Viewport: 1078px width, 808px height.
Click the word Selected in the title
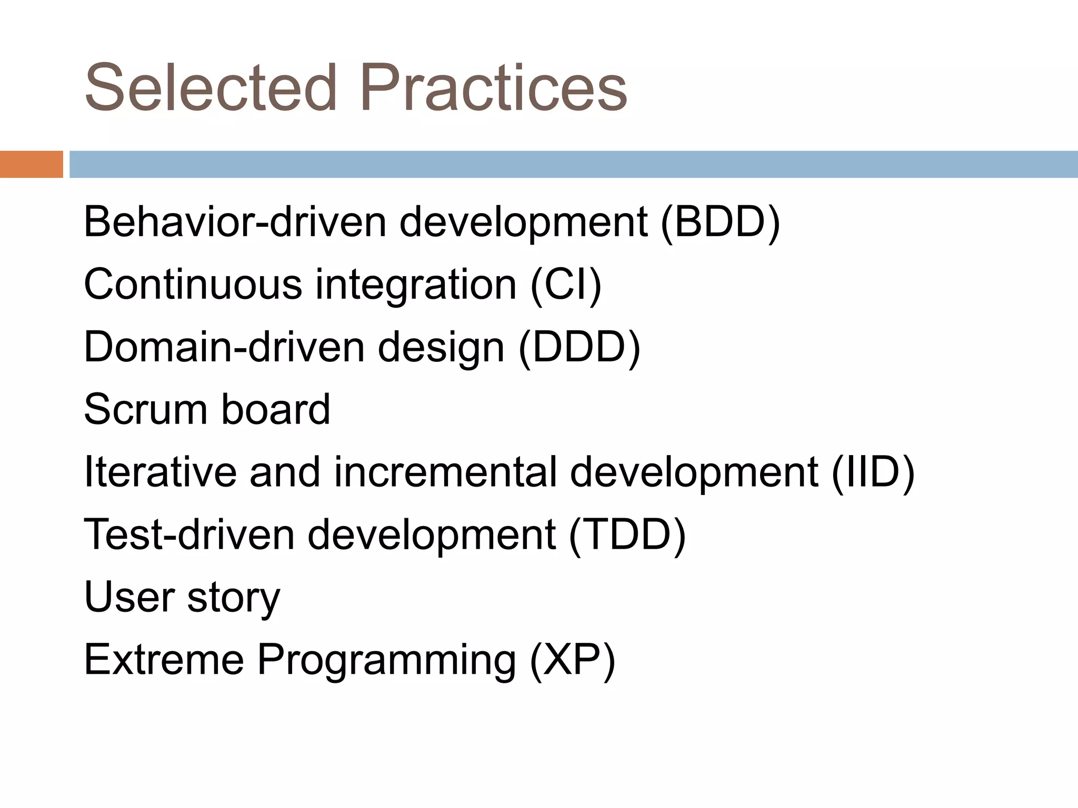pos(211,88)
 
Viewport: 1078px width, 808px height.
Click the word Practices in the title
pos(493,88)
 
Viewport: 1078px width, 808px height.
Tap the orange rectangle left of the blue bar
pos(31,164)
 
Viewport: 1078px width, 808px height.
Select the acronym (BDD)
pos(720,223)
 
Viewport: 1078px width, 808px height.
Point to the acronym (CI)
pos(566,285)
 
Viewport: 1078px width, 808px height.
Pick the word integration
pos(416,285)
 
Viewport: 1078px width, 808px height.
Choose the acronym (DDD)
pos(579,348)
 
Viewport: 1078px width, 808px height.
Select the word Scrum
pos(145,410)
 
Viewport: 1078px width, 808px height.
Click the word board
pos(275,410)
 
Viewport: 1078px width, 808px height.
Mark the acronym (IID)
pos(873,472)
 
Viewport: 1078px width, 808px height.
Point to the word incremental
pos(445,472)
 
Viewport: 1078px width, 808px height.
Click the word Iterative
pos(160,472)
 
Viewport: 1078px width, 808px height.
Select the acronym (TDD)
pos(627,535)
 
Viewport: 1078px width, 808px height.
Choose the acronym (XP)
pos(572,660)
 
